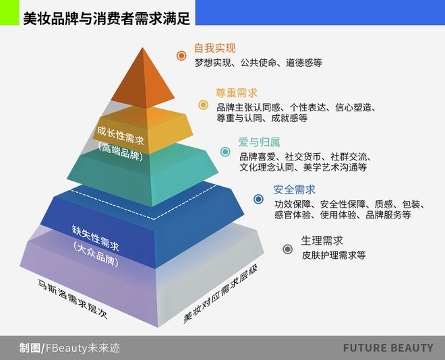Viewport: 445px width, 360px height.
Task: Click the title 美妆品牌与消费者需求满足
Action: (107, 18)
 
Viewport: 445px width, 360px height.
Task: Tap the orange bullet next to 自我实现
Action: (181, 55)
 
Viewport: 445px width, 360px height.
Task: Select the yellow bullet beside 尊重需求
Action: (203, 105)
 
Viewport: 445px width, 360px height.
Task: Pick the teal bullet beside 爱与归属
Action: (226, 152)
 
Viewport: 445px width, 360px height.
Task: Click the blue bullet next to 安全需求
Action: (258, 199)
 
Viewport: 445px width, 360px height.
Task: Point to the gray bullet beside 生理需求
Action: (287, 249)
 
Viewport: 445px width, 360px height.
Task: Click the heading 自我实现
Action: (215, 49)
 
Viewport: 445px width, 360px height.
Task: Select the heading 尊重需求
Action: (237, 93)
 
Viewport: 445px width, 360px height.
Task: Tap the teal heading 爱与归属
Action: (259, 142)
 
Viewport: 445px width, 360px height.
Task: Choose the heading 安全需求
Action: (294, 189)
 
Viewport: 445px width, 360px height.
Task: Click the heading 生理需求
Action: (322, 241)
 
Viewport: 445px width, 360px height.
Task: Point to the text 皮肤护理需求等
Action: (334, 255)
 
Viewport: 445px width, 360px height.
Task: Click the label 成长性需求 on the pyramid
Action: (120, 136)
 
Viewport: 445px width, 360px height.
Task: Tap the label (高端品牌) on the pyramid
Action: (120, 151)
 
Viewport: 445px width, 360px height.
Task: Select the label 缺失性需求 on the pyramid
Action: (95, 238)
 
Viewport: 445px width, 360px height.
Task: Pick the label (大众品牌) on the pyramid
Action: (95, 254)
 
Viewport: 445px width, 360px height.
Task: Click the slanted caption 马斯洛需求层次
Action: (73, 299)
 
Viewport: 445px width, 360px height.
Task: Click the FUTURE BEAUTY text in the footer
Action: (388, 348)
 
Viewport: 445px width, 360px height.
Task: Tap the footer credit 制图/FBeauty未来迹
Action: (70, 348)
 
